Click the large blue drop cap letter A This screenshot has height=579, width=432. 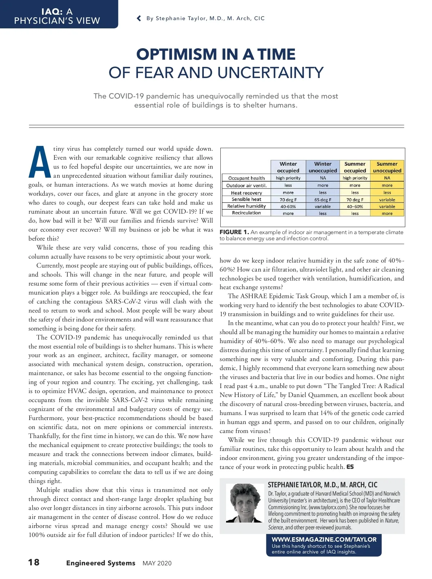[40, 162]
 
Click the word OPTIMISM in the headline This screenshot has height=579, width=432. [176, 55]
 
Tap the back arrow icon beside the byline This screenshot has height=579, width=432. [139, 18]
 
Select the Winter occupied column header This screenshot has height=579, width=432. [288, 167]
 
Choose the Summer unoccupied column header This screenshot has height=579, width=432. [387, 167]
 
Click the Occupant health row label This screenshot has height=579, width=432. [246, 178]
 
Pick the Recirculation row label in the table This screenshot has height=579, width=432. [246, 213]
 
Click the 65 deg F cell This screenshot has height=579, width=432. [323, 200]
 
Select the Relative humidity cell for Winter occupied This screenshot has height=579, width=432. [288, 207]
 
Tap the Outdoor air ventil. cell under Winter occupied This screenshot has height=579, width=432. [288, 185]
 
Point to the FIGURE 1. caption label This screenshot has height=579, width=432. [234, 232]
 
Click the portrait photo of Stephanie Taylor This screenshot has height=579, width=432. [245, 503]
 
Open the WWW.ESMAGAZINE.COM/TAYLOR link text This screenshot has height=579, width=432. [324, 539]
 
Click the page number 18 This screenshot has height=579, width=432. [34, 562]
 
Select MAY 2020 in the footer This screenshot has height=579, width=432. [157, 563]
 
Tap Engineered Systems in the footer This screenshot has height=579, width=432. [100, 563]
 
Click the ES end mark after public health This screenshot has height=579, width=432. [350, 467]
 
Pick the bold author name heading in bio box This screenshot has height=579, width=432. [323, 485]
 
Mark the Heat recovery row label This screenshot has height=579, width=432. [246, 193]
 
